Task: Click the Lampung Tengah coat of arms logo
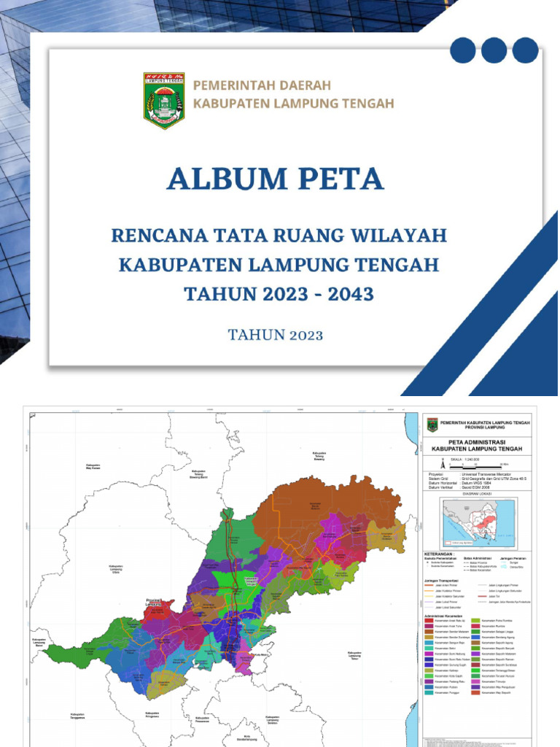tap(163, 101)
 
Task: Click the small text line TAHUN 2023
tap(275, 336)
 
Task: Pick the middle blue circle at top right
tap(494, 50)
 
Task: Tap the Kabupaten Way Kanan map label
tap(93, 468)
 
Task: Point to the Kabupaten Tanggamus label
tap(81, 716)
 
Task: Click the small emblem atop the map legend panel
tap(432, 424)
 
